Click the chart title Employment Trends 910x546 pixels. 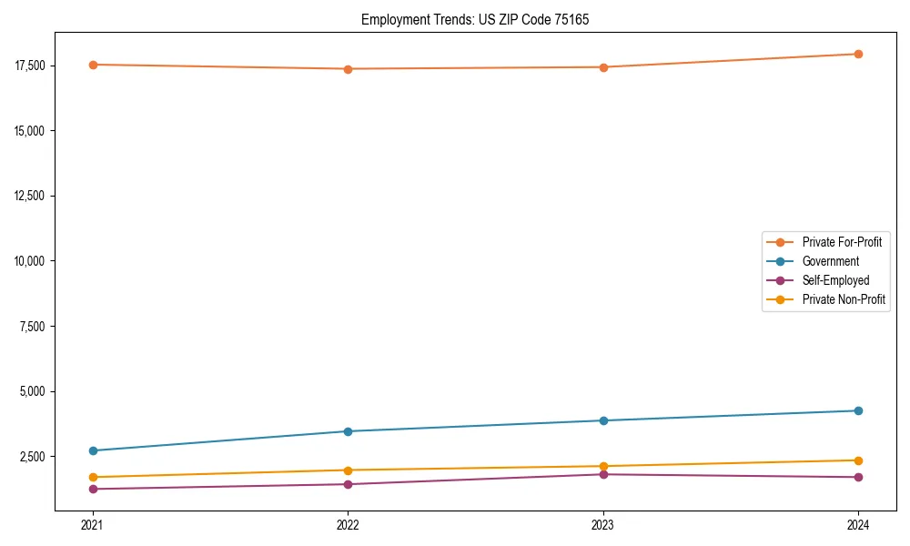pyautogui.click(x=475, y=19)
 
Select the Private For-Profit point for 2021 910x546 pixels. pyautogui.click(x=92, y=65)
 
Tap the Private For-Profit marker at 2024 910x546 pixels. pyautogui.click(x=858, y=54)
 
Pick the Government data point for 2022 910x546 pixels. pyautogui.click(x=348, y=431)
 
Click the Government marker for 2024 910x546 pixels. pyautogui.click(x=858, y=410)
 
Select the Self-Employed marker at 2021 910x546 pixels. pyautogui.click(x=92, y=489)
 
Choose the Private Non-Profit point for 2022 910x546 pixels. pyautogui.click(x=348, y=470)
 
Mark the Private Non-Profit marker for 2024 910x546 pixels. pyautogui.click(x=858, y=460)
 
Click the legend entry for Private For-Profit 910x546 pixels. pyautogui.click(x=842, y=242)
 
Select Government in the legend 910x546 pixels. pyautogui.click(x=830, y=261)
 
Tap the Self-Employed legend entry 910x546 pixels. pyautogui.click(x=835, y=280)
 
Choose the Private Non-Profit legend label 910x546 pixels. pyautogui.click(x=844, y=299)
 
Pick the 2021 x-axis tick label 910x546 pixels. pyautogui.click(x=92, y=524)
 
